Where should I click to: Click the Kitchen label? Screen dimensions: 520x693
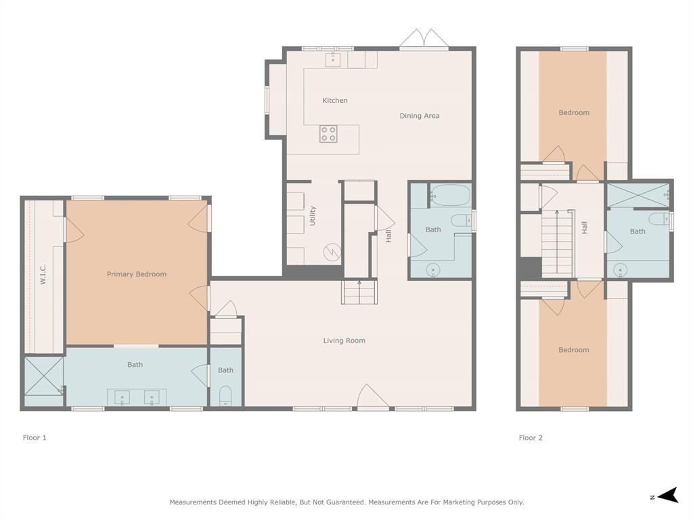pos(334,100)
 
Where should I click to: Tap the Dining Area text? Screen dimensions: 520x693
pos(419,116)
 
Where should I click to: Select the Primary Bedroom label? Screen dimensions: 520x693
pos(136,274)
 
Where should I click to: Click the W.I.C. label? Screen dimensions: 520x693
pos(43,274)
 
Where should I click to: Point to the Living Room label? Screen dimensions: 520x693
pos(344,341)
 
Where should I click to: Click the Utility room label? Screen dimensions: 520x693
pos(313,216)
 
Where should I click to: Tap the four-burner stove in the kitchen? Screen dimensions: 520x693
pos(328,134)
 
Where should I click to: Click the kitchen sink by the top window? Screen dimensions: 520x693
pos(333,60)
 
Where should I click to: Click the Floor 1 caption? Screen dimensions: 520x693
pos(35,437)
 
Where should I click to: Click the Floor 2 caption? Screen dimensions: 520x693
pos(531,437)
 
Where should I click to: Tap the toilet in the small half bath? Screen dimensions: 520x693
pos(225,395)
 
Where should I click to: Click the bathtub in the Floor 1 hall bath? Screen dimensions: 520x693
pos(450,196)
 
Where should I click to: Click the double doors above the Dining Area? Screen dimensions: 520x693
pos(424,39)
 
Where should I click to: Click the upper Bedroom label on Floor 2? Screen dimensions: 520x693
pos(573,112)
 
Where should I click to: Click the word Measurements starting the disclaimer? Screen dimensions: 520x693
pos(193,502)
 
